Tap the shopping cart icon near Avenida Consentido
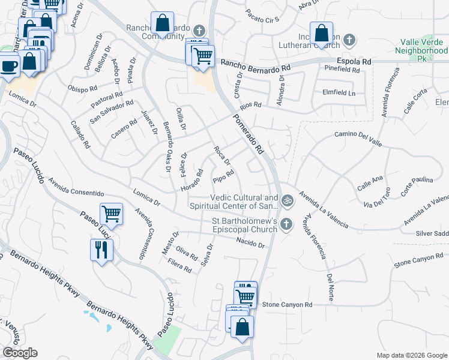coord(112,214)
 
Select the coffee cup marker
coord(10,65)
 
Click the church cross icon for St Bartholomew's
coord(287,224)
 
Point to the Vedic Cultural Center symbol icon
coord(288,200)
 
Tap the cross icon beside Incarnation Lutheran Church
coord(349,41)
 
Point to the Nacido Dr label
coord(250,242)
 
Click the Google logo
coord(20,353)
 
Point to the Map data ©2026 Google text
coord(411,355)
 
